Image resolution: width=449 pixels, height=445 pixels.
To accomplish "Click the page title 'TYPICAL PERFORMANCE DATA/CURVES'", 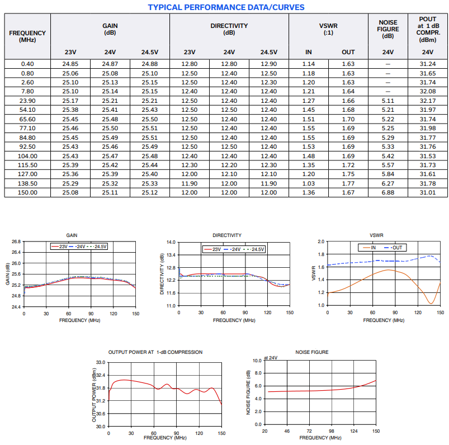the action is [226, 7].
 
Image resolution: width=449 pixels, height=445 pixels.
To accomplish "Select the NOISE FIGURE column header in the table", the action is [387, 29].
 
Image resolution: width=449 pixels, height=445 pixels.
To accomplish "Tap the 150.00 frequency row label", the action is [27, 192].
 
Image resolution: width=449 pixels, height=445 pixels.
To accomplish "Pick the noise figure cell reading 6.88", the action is [387, 192].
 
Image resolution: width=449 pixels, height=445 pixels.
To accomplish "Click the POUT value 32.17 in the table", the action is [428, 101].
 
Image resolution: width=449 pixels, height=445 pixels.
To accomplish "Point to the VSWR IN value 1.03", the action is [309, 183].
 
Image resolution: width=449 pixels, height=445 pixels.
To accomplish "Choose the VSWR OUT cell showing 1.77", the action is [348, 183].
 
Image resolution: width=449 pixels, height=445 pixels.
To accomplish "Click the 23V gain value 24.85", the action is [70, 64].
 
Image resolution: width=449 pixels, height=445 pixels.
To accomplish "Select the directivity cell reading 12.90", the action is [268, 64].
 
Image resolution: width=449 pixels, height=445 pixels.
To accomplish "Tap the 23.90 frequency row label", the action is [27, 101].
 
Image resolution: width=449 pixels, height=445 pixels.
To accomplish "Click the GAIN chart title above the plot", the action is [72, 235].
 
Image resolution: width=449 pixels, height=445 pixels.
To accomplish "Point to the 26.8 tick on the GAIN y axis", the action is [16, 242].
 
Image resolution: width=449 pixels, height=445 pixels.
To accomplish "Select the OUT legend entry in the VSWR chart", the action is [394, 248].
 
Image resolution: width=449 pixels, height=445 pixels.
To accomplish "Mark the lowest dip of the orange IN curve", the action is [431, 303].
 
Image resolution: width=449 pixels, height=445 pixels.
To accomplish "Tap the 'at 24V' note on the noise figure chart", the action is [271, 358].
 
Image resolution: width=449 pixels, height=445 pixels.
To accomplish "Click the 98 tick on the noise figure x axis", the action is [332, 431].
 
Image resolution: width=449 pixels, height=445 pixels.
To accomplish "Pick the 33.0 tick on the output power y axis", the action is [101, 362].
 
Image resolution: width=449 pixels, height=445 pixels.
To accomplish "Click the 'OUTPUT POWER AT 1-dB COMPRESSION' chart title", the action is [155, 352].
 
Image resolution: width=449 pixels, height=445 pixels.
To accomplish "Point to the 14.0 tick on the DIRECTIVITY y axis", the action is [171, 242].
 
